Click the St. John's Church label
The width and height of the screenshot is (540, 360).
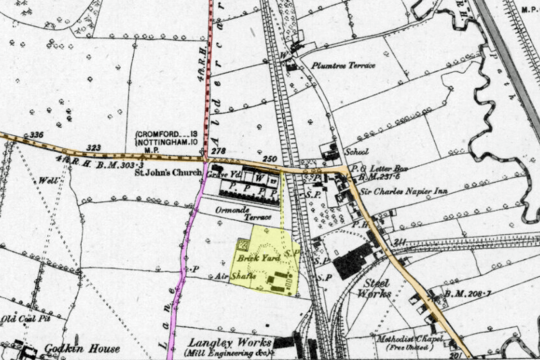167,173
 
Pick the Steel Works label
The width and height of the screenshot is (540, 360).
377,288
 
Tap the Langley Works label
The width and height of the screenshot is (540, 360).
221,342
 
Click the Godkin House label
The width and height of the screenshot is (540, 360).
81,349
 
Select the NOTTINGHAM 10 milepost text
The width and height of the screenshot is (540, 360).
167,143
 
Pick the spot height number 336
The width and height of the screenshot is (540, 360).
36,136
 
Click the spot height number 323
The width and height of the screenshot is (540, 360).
94,147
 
